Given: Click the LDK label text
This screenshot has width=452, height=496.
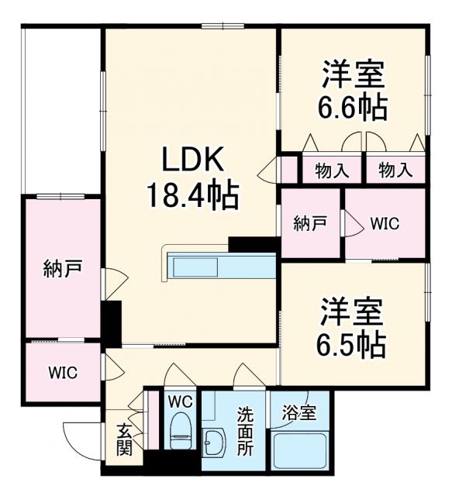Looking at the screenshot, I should [x=191, y=160].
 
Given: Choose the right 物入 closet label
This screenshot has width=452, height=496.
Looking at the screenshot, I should [x=395, y=170].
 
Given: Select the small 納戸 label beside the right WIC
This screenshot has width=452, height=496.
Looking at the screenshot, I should [x=309, y=224].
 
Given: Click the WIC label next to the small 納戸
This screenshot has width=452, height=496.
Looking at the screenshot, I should [x=385, y=224].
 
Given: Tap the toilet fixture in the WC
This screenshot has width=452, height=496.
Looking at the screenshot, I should [x=181, y=434].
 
